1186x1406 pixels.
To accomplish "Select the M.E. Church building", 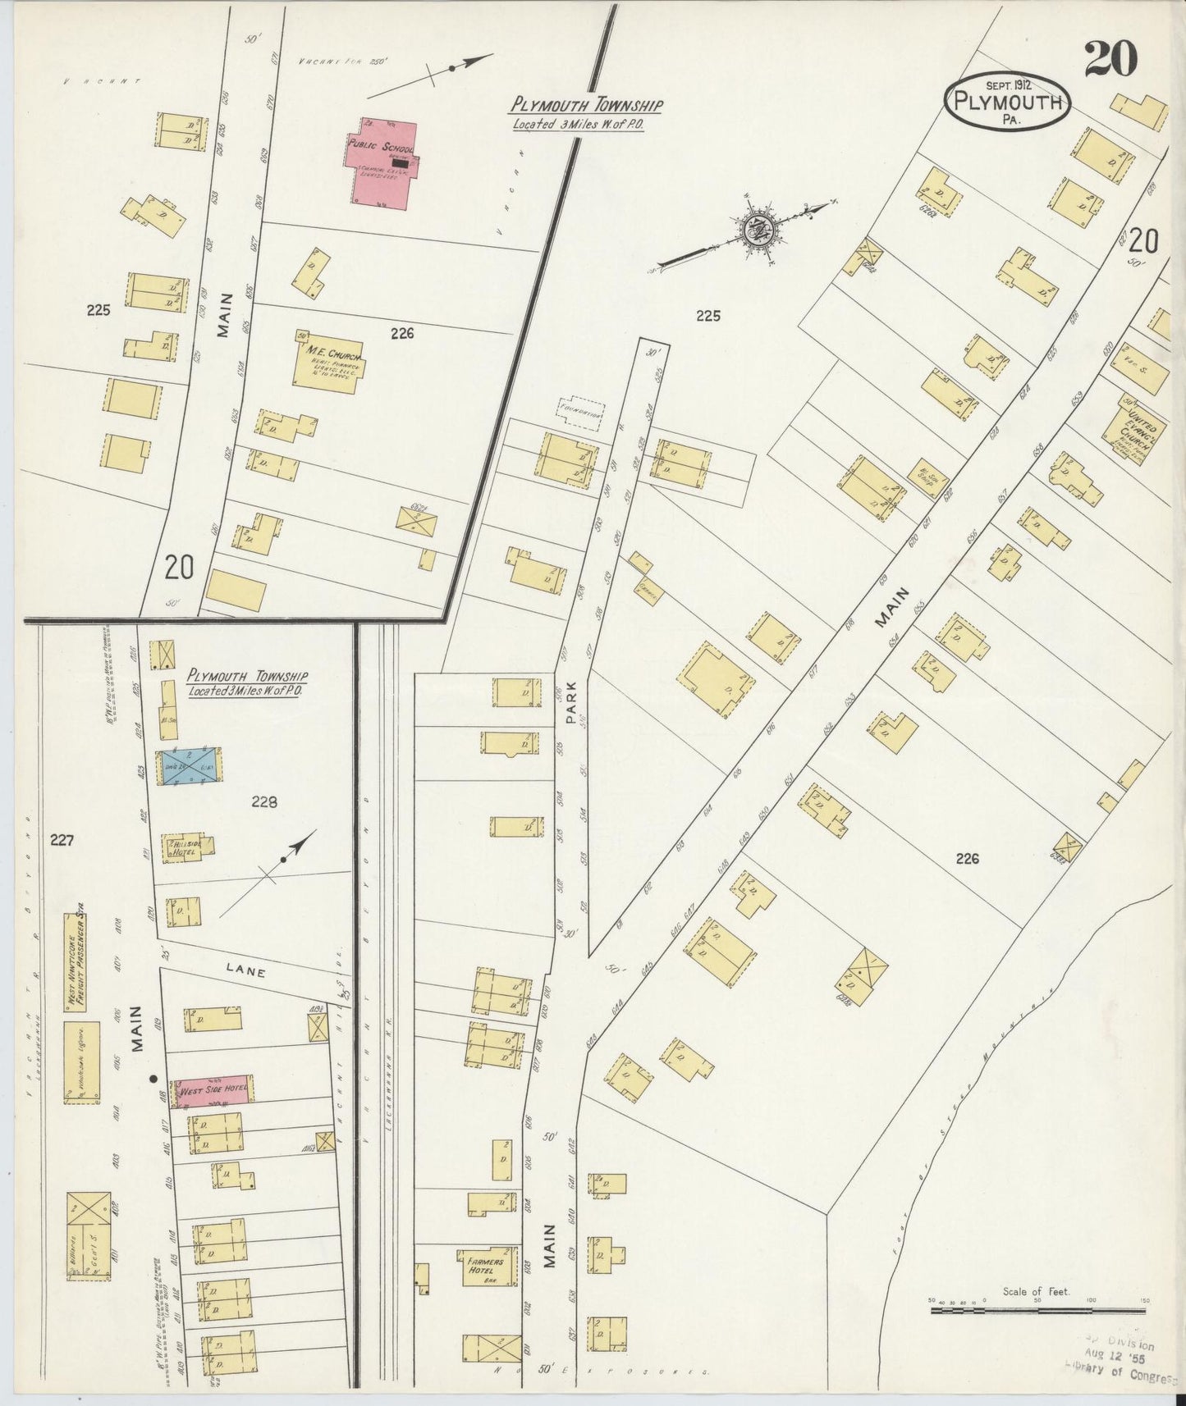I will click(x=327, y=363).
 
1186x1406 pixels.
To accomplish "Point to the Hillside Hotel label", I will click(x=183, y=847).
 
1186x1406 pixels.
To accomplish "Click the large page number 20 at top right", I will click(x=1110, y=58).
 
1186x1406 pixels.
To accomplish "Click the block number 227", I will click(x=62, y=840).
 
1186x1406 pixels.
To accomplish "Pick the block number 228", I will click(x=264, y=802).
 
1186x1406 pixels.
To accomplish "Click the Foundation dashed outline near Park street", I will click(x=580, y=413).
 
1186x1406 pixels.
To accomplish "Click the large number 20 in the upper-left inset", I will click(x=179, y=567).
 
